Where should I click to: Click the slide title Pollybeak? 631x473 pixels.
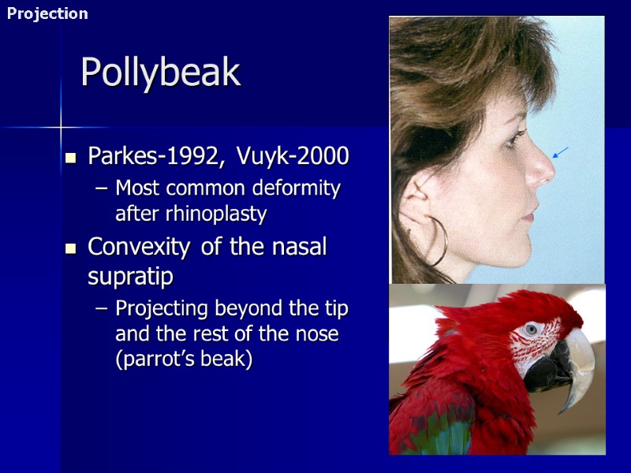pyautogui.click(x=160, y=73)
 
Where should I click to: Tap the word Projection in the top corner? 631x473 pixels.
pyautogui.click(x=47, y=13)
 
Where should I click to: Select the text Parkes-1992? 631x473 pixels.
pyautogui.click(x=150, y=156)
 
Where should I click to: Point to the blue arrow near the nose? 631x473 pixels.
pyautogui.click(x=560, y=152)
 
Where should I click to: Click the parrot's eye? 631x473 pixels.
pyautogui.click(x=531, y=329)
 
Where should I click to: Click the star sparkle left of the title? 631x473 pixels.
pyautogui.click(x=61, y=126)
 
